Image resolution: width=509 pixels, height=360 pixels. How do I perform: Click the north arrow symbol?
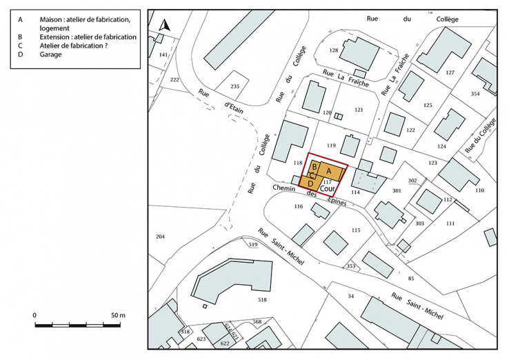(164, 26)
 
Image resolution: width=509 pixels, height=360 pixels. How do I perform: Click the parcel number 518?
(262, 300)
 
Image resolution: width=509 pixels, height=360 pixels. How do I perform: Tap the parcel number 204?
(161, 237)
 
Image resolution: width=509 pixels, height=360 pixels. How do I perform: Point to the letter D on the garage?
(310, 184)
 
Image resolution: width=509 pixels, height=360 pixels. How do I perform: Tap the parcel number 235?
(234, 86)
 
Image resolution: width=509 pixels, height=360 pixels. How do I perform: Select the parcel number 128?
(334, 50)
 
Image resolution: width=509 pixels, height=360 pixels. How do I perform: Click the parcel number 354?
(475, 93)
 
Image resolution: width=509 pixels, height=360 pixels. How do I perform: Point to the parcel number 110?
(480, 190)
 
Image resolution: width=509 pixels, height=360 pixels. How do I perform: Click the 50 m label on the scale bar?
(118, 315)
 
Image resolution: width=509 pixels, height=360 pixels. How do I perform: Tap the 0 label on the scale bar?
(34, 315)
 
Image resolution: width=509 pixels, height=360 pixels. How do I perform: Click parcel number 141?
(163, 54)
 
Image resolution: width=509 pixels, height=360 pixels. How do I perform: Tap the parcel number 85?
(411, 278)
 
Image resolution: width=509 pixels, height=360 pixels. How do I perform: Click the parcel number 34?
(350, 296)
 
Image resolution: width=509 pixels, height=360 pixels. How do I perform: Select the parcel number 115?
(356, 230)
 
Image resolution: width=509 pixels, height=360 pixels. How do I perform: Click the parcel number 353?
(351, 266)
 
